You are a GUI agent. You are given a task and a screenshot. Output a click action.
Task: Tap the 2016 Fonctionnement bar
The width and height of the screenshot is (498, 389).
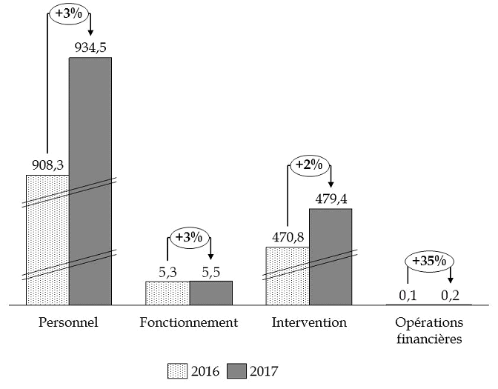(x=167, y=293)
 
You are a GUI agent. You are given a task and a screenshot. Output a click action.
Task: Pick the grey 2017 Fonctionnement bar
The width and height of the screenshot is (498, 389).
(x=211, y=293)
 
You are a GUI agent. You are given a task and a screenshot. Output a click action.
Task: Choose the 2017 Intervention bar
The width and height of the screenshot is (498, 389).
(x=331, y=256)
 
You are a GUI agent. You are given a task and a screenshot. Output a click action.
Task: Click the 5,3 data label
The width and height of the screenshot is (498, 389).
(x=168, y=272)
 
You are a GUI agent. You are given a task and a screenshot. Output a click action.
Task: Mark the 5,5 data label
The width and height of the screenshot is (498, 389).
(x=210, y=272)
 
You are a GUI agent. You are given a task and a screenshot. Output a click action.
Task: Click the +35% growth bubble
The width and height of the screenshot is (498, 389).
(x=430, y=261)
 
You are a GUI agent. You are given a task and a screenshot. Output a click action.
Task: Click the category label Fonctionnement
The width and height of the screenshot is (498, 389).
(x=189, y=323)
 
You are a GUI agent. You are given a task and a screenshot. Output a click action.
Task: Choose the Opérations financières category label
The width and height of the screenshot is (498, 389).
(x=428, y=331)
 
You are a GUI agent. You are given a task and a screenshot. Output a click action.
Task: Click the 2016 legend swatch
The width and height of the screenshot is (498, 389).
(x=179, y=370)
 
